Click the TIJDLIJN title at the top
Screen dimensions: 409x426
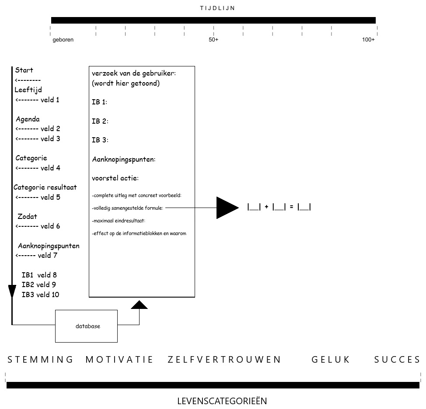217,8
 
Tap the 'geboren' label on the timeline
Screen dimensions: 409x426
63,40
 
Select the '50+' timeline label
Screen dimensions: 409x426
213,40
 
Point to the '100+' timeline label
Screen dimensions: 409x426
368,40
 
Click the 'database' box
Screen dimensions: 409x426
87,326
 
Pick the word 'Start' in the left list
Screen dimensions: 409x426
24,70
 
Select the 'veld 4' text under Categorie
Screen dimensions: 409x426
50,168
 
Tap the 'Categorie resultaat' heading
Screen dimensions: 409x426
45,187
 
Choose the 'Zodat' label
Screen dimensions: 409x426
27,216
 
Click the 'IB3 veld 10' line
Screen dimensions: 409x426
40,295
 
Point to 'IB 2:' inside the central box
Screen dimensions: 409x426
100,121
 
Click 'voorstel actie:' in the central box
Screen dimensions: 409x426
115,178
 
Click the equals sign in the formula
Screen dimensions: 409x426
291,208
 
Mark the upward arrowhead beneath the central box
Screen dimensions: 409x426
139,305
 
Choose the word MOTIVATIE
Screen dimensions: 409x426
119,360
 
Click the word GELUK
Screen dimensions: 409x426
331,360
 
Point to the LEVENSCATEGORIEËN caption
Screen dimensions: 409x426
222,401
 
